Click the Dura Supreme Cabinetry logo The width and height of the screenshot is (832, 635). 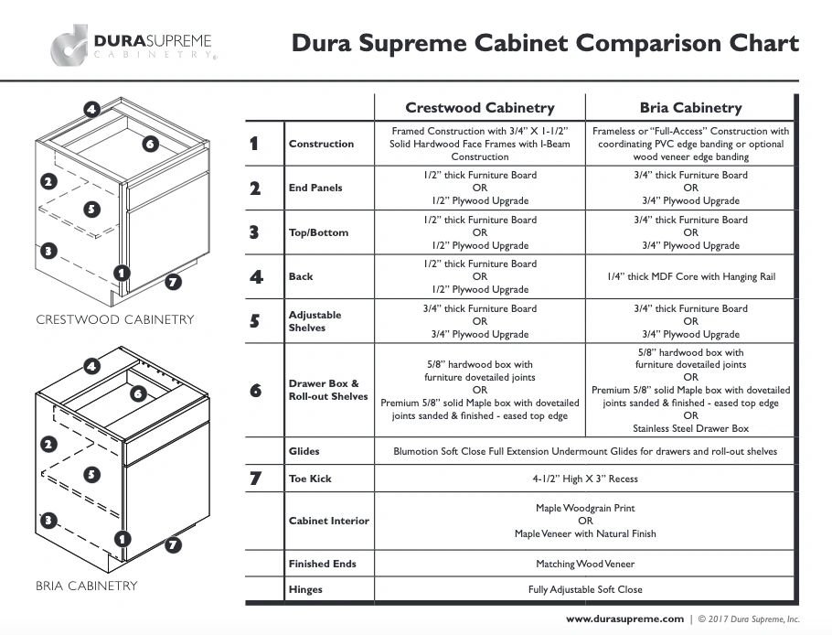point(133,45)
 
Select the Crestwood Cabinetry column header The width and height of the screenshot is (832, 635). point(480,108)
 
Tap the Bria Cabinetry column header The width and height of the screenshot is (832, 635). point(690,108)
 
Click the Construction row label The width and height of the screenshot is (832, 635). point(321,144)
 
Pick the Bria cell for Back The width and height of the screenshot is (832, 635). point(691,276)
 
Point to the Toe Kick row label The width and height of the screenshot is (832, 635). point(310,479)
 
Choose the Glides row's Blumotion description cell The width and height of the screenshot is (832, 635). point(585,451)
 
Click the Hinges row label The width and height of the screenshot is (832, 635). point(305,589)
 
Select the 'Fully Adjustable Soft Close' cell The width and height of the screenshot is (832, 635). point(585,589)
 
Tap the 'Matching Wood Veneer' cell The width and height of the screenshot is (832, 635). point(585,564)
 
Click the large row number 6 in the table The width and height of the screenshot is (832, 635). point(255,390)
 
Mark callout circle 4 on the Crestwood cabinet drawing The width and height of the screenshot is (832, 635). point(91,110)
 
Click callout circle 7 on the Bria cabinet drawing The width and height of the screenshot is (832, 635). point(173,544)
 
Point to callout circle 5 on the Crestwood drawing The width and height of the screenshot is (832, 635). point(91,209)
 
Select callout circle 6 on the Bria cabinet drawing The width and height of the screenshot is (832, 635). point(138,393)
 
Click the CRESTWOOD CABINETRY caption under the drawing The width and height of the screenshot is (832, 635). point(115,319)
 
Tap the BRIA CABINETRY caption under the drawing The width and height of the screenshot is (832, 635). point(87,586)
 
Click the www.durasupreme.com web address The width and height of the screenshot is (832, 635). point(624,619)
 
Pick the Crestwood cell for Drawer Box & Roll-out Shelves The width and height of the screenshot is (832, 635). point(480,390)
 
